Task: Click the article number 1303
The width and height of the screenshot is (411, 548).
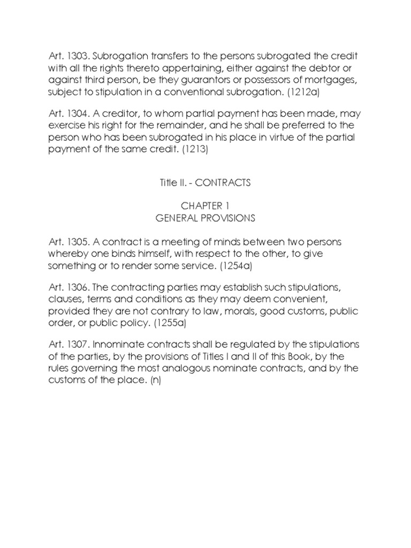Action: pyautogui.click(x=73, y=57)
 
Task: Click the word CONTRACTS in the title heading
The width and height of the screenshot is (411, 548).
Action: pyautogui.click(x=223, y=182)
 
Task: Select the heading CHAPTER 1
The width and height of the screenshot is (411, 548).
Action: pyautogui.click(x=205, y=207)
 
